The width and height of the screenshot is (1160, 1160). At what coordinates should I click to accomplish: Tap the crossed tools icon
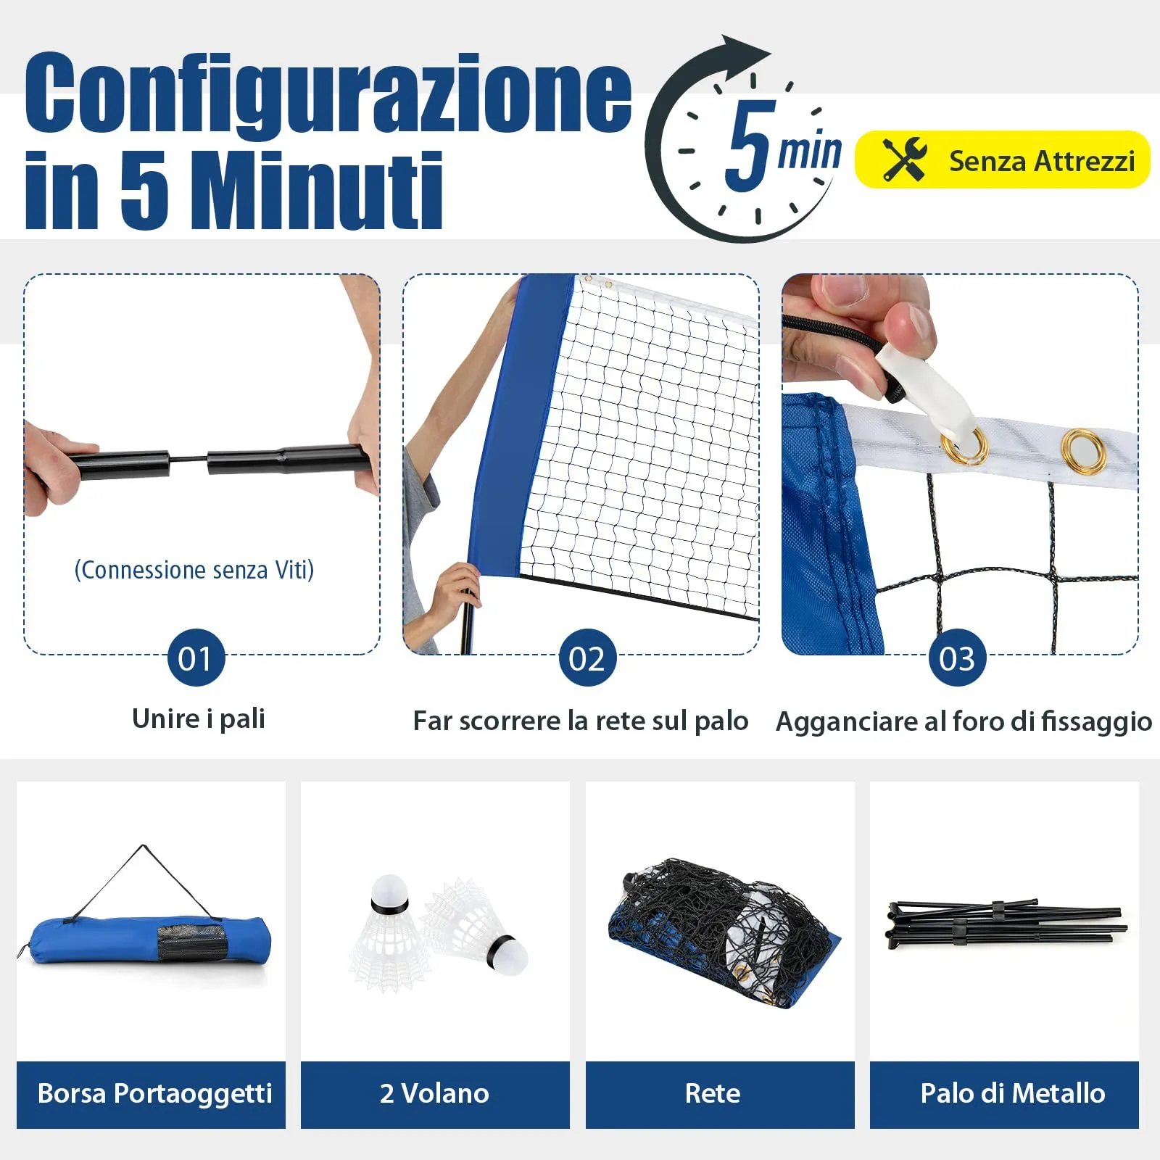pyautogui.click(x=904, y=159)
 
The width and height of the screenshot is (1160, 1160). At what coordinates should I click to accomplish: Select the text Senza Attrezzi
pyautogui.click(x=1041, y=161)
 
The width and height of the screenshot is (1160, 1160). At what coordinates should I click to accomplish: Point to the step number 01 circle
pyautogui.click(x=196, y=658)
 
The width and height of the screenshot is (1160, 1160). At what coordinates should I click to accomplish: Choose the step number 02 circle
pyautogui.click(x=587, y=658)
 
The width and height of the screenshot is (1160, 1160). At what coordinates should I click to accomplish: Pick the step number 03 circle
pyautogui.click(x=957, y=658)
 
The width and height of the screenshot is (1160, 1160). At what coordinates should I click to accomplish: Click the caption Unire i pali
pyautogui.click(x=199, y=718)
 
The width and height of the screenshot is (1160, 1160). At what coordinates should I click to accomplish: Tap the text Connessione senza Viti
pyautogui.click(x=194, y=570)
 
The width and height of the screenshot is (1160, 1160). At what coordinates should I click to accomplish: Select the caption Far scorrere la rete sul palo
pyautogui.click(x=580, y=721)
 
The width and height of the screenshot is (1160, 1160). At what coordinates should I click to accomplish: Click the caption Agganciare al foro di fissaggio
pyautogui.click(x=964, y=721)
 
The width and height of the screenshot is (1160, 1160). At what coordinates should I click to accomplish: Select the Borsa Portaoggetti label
pyautogui.click(x=154, y=1093)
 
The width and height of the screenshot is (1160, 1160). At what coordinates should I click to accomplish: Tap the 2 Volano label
pyautogui.click(x=435, y=1093)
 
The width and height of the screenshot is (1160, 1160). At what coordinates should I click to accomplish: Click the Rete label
pyautogui.click(x=713, y=1093)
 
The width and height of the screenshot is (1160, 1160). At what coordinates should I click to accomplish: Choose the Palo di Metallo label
pyautogui.click(x=1012, y=1093)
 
